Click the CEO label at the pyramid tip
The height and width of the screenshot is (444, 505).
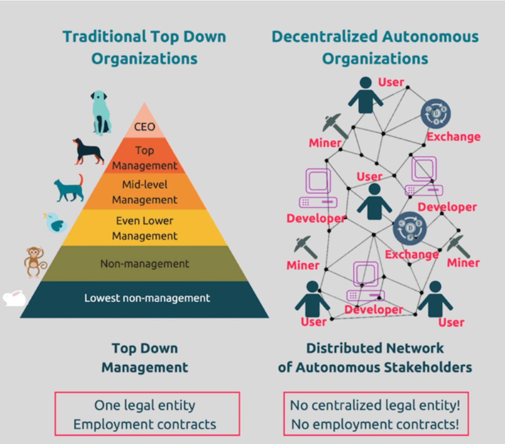[x=144, y=127]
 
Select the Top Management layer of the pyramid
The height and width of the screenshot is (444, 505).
[x=144, y=158]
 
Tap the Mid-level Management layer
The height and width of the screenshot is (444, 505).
[x=144, y=192]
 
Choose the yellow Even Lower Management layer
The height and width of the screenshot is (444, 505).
[x=144, y=228]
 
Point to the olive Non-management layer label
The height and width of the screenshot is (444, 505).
[x=144, y=264]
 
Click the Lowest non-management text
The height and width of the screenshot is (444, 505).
[x=147, y=298]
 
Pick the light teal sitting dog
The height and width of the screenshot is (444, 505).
[x=100, y=112]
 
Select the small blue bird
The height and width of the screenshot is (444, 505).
[x=55, y=223]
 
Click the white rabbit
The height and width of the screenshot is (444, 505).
[x=14, y=298]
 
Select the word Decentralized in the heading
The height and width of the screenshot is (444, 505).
[x=326, y=37]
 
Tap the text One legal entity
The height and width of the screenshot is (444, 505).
[x=145, y=405]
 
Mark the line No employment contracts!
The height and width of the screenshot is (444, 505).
[x=375, y=424]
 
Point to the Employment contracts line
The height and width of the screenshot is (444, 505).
[x=145, y=424]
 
